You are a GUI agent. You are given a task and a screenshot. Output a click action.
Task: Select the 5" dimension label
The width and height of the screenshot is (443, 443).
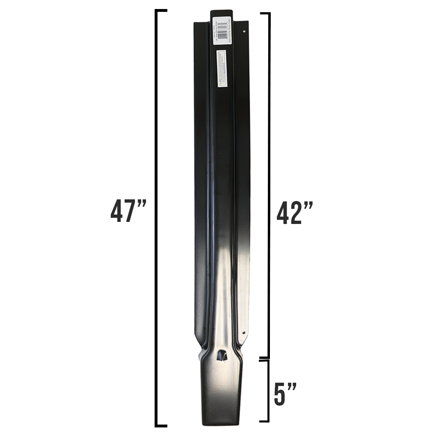click(x=285, y=395)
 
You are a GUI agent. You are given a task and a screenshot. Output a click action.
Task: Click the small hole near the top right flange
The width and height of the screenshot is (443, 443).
click(x=245, y=30)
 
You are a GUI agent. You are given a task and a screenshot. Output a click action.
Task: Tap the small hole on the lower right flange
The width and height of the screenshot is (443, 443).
click(x=243, y=333)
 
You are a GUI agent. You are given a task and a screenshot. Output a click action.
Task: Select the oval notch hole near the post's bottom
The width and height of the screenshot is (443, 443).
click(x=221, y=355)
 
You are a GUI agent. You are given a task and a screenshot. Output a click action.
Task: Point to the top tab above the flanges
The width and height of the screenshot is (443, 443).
click(x=221, y=16)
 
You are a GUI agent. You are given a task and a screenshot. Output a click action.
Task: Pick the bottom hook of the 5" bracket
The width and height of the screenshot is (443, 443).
click(x=264, y=420)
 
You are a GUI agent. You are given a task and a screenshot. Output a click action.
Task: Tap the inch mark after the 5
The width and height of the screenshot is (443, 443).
click(x=292, y=387)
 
